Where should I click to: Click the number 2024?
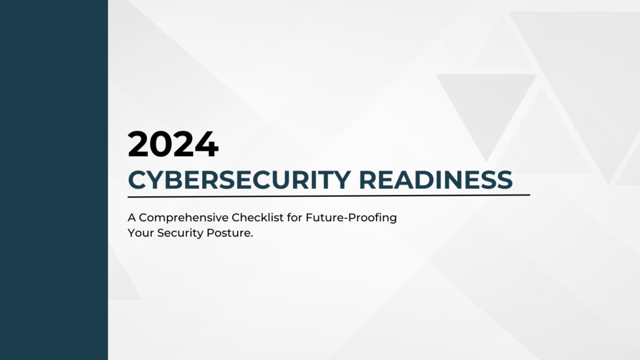pyautogui.click(x=173, y=144)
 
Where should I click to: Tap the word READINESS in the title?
pyautogui.click(x=436, y=179)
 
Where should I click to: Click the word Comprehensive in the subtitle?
pyautogui.click(x=180, y=218)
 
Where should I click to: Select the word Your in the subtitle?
pyautogui.click(x=139, y=233)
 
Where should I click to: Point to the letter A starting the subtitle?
pyautogui.click(x=132, y=218)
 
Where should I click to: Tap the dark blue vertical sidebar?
pyautogui.click(x=54, y=180)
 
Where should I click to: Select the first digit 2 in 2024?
pyautogui.click(x=139, y=144)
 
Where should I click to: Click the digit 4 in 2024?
pyautogui.click(x=206, y=144)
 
